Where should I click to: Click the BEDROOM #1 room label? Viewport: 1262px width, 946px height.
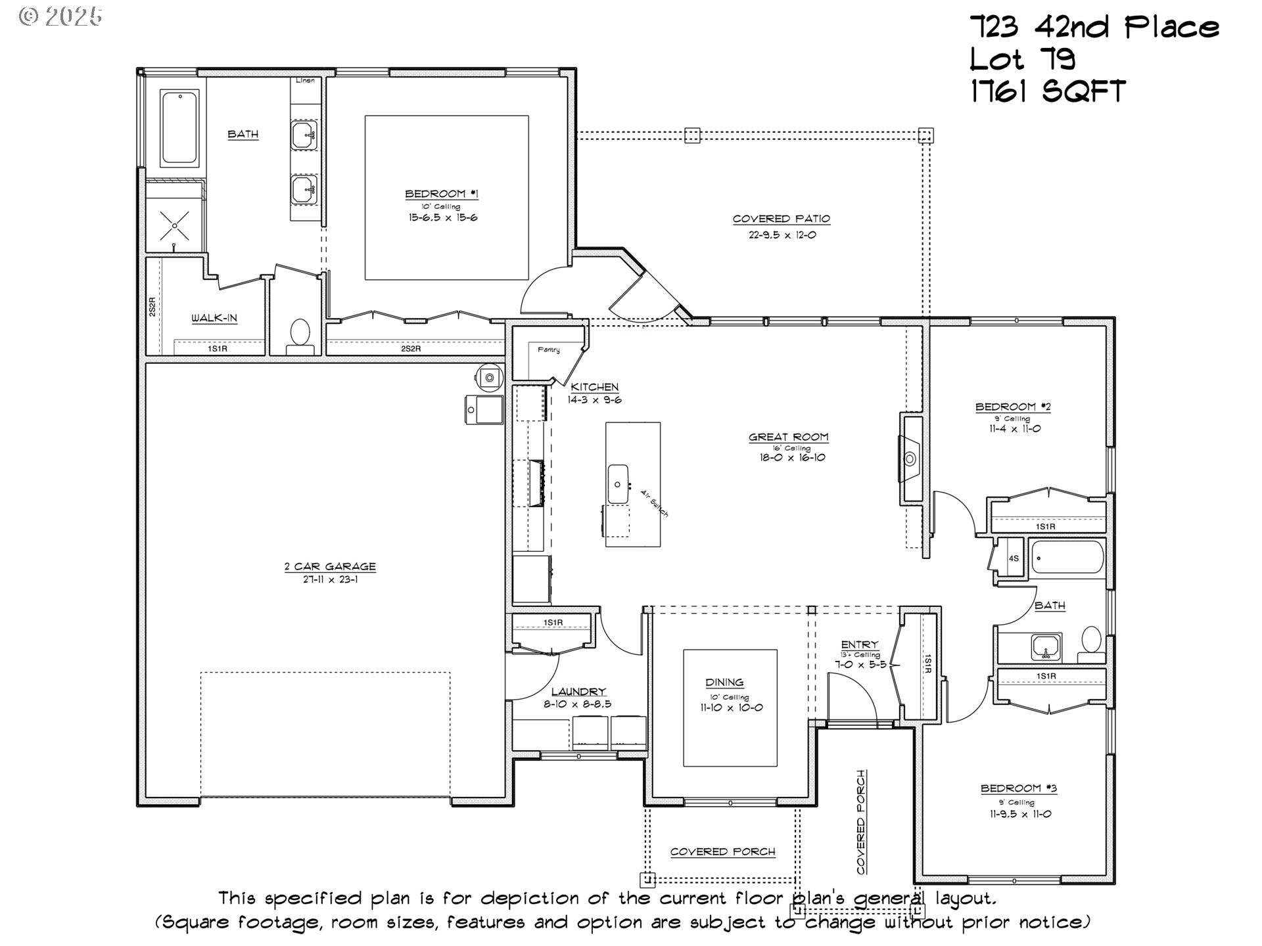point(441,194)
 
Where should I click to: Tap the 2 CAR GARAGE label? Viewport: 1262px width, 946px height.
point(330,566)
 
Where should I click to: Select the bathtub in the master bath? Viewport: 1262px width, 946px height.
point(179,127)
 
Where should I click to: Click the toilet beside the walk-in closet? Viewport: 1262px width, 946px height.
point(301,333)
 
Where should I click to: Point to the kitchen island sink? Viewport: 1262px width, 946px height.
point(618,484)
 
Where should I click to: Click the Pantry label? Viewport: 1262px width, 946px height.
point(549,349)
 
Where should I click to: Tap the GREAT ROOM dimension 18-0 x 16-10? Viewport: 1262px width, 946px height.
point(788,457)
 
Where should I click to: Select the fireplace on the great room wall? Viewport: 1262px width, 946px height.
point(910,458)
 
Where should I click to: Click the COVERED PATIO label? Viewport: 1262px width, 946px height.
point(782,219)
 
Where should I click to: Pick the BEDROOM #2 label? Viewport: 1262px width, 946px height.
point(1013,407)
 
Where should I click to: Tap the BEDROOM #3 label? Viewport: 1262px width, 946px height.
point(1019,788)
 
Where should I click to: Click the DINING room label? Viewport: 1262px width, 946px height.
point(724,682)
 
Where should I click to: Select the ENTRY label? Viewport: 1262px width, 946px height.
point(859,644)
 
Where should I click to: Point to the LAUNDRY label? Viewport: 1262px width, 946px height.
point(578,691)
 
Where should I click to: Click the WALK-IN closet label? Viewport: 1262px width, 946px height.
point(214,319)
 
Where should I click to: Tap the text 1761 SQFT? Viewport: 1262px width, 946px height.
point(1048,91)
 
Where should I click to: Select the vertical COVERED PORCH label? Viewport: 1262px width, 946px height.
point(861,822)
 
